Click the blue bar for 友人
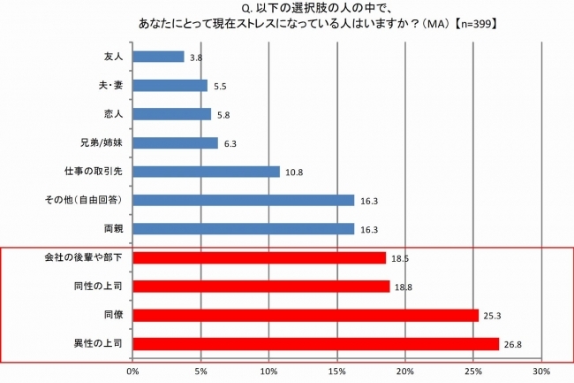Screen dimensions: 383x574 [x=158, y=57]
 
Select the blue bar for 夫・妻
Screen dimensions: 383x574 [x=170, y=86]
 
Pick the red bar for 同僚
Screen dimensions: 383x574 [x=306, y=315]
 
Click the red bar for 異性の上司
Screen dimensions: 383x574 [x=315, y=343]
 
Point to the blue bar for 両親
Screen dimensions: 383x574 [x=244, y=229]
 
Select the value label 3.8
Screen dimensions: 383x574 [x=196, y=57]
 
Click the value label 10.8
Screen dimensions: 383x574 [x=293, y=172]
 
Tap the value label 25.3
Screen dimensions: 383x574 [x=492, y=315]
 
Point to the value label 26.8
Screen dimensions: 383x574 [x=512, y=344]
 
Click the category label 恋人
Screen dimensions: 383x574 [x=112, y=114]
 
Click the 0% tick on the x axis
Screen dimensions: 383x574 [x=133, y=372]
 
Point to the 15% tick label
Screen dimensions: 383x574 [x=337, y=372]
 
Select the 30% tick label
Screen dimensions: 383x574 [x=541, y=372]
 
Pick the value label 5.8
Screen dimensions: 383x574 [x=223, y=115]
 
